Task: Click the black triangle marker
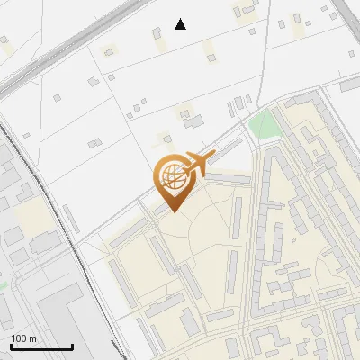(181, 24)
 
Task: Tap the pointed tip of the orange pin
(174, 211)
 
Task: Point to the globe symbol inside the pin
(172, 174)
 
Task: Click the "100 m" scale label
(23, 337)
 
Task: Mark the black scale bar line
(41, 346)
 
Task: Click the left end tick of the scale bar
(11, 345)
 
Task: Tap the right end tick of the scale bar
(72, 345)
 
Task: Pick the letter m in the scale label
(32, 337)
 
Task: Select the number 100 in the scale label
(19, 337)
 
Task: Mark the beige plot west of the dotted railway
(31, 216)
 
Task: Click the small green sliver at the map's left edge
(3, 285)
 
